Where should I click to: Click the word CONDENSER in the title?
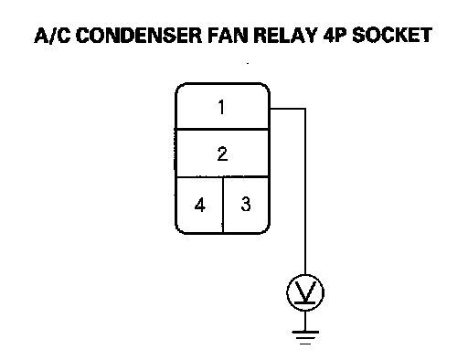coord(139,36)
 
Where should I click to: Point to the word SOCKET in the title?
coord(392,36)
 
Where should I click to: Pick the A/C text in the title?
coord(52,36)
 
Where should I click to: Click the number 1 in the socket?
coord(221,107)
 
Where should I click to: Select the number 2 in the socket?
coord(222,154)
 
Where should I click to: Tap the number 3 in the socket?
coord(246,204)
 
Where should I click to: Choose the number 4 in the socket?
coord(200,205)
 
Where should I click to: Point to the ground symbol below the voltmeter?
coord(305,337)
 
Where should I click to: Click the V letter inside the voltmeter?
coord(305,291)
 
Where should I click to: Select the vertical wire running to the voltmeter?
coord(305,191)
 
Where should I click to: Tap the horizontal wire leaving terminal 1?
coord(288,109)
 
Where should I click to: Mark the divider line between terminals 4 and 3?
coord(223,205)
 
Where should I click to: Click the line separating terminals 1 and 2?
coord(222,130)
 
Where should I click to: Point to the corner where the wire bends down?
coord(305,109)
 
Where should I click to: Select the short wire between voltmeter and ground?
coord(305,321)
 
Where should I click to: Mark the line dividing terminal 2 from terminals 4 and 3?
coord(222,176)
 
